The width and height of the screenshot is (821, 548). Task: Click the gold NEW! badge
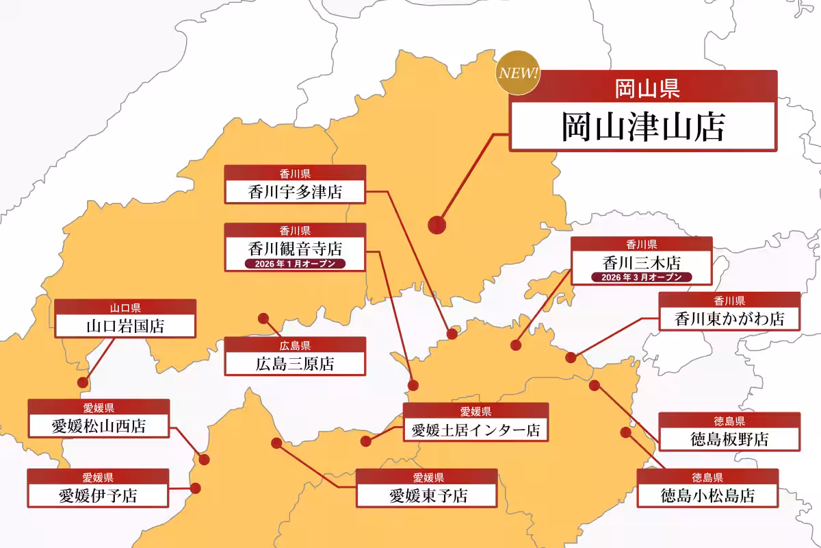tap(518, 73)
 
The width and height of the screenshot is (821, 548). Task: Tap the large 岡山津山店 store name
tap(642, 127)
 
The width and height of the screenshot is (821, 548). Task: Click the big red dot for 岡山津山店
tap(436, 224)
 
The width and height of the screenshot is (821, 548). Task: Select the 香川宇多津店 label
tap(295, 192)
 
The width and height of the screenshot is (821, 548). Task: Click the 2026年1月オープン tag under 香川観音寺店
tap(295, 264)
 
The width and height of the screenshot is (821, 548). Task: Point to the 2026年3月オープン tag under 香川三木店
tap(641, 277)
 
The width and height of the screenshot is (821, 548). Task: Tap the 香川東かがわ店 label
tap(729, 319)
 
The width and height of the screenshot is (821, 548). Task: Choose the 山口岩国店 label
tap(125, 325)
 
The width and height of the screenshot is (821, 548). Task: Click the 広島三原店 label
tap(295, 364)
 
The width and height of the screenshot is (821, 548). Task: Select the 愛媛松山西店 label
tap(99, 426)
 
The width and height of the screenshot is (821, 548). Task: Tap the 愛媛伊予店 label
tap(99, 495)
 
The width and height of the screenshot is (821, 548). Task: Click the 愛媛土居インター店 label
tap(475, 429)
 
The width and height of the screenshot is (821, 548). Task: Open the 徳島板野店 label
tap(729, 439)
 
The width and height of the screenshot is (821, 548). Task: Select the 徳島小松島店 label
tap(707, 495)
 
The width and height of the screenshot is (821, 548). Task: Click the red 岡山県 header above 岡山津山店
tap(642, 87)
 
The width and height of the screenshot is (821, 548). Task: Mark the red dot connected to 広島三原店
tap(263, 318)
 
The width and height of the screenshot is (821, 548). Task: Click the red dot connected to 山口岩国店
tap(83, 382)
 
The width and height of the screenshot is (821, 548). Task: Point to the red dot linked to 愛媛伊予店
tap(196, 488)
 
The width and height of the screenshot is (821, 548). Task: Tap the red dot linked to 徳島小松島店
tap(625, 432)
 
